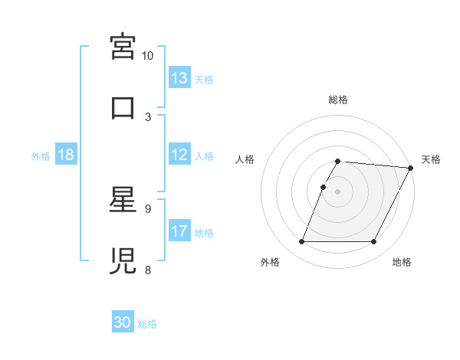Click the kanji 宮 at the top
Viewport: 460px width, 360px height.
coord(123,47)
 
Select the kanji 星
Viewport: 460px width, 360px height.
coord(123,201)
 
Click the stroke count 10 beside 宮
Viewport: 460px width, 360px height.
coord(148,56)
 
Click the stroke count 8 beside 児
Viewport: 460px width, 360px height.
coord(148,269)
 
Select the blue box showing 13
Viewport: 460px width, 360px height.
coord(179,78)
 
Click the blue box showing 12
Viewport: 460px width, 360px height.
coord(179,155)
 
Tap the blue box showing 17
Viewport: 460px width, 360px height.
coord(179,231)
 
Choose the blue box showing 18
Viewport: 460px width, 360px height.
coord(66,155)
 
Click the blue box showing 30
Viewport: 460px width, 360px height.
coord(123,322)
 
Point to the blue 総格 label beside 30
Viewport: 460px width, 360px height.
coord(147,324)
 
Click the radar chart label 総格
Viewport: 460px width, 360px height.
coord(338,100)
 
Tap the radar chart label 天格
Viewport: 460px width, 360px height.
coord(432,159)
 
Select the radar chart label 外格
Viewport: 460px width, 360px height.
coord(270,263)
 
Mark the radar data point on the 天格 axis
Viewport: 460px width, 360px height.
coord(411,168)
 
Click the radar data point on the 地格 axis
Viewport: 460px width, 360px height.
coord(374,242)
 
